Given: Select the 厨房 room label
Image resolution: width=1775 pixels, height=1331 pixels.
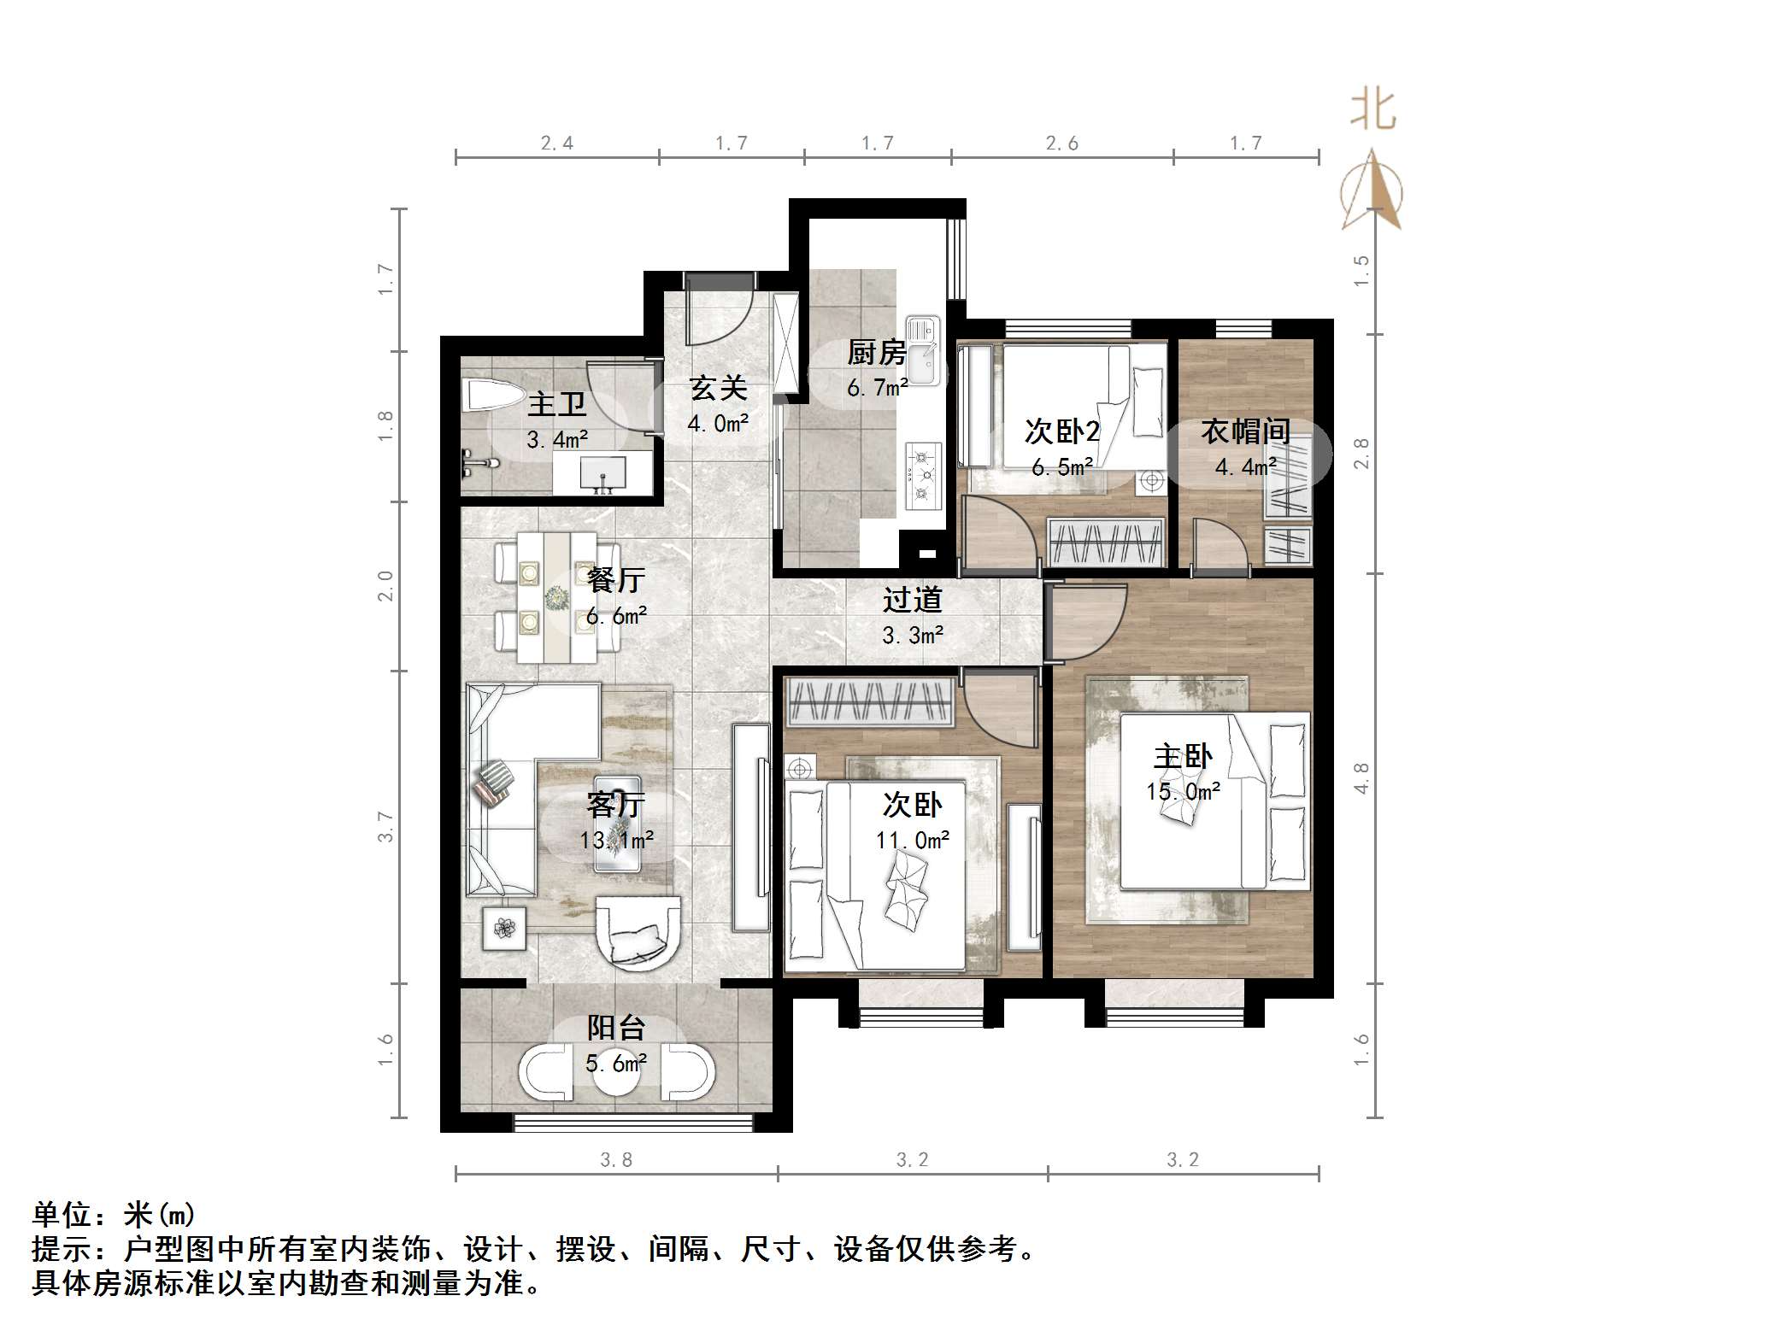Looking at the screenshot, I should [x=876, y=352].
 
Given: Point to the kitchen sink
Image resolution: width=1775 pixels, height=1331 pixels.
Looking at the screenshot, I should [x=923, y=350].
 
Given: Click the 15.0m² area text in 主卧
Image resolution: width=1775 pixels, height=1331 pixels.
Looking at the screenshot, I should [x=1183, y=792].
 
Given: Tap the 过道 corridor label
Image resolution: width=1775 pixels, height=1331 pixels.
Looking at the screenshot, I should [x=912, y=600].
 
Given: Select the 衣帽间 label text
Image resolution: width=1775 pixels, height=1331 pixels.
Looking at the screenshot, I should [x=1245, y=431].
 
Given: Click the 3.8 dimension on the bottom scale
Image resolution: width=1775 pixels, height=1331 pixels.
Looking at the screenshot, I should [x=615, y=1159].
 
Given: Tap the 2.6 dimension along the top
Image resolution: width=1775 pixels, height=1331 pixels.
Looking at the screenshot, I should [x=1061, y=144].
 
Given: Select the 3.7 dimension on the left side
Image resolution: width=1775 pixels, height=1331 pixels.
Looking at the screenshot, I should [x=386, y=826].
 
